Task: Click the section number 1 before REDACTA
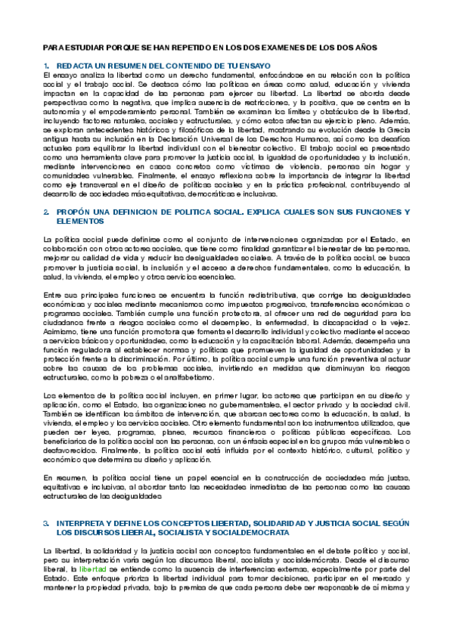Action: click(x=46, y=67)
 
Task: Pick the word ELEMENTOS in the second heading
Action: click(x=79, y=222)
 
